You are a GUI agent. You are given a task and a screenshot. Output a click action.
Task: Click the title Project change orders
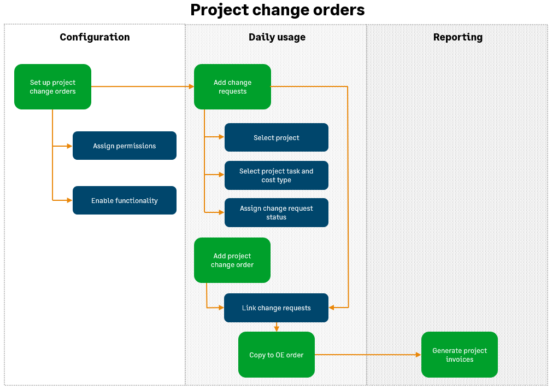pos(277,10)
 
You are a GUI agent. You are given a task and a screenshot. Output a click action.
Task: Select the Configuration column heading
pos(95,37)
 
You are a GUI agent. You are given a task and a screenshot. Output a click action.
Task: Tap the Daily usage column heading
pos(277,37)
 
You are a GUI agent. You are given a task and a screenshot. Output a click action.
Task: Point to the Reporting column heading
pos(457,37)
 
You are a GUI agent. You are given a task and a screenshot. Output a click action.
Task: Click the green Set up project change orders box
pos(52,87)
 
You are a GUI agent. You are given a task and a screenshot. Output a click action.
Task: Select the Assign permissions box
pos(124,146)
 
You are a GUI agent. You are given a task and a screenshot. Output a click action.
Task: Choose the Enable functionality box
pos(124,201)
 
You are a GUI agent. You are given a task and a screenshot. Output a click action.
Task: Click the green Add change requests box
pos(232,87)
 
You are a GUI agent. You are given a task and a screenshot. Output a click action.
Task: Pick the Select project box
pos(276,138)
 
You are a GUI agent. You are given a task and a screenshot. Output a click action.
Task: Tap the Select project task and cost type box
pos(276,176)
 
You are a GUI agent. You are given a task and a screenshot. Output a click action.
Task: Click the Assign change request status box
pos(276,213)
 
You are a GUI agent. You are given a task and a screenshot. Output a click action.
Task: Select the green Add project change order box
pos(232,260)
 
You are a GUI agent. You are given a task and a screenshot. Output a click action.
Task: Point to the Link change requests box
pos(276,308)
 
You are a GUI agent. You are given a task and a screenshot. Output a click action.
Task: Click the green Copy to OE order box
pos(276,355)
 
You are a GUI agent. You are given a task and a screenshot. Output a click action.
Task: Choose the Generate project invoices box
pos(459,355)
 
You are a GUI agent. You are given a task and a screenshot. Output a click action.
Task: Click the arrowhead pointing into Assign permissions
pos(69,146)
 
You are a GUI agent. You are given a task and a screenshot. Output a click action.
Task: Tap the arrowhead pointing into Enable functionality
pos(69,201)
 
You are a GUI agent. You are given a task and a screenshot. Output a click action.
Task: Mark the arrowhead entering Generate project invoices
pos(418,355)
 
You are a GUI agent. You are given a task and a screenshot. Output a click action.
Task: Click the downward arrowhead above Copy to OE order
pos(277,329)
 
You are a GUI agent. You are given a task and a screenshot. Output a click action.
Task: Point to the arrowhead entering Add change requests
pos(191,86)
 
